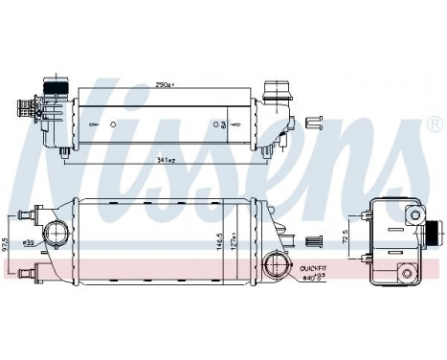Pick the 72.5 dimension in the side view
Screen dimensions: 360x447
[x=346, y=235]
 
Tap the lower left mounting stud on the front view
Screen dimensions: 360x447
[x=36, y=272]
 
